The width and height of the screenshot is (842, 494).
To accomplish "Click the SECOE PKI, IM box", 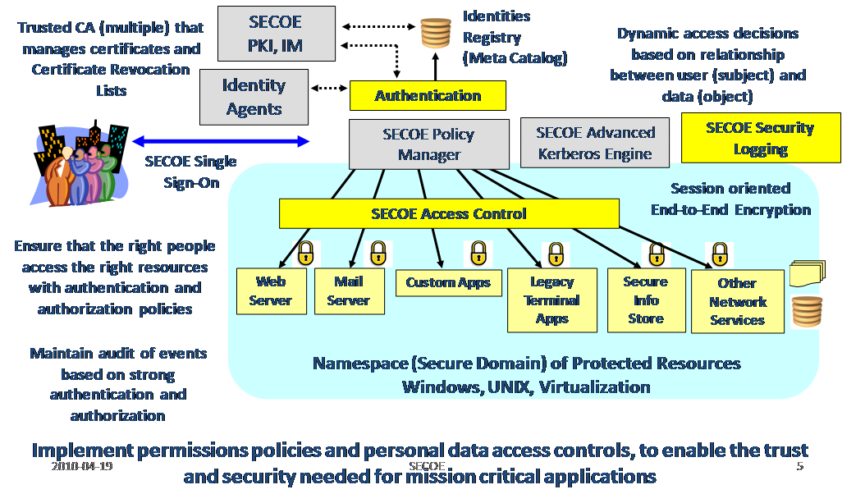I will point(277,34).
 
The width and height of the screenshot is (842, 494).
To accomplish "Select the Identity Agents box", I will point(254,97).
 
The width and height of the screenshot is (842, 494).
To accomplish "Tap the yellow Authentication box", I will point(428,96).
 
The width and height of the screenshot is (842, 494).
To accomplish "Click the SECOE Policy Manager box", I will point(428,144).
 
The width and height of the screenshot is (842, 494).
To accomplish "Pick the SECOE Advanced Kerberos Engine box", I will point(595,143).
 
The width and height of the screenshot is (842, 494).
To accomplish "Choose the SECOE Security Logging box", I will point(760,138).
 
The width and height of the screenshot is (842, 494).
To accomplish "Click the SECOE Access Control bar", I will point(448,214).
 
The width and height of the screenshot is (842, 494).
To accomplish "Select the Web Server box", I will point(270,290).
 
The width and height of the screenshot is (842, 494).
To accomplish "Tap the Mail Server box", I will point(348,290).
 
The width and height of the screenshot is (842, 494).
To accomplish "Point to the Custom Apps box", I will point(447,282).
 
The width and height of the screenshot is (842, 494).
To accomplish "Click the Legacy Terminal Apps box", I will point(551,300).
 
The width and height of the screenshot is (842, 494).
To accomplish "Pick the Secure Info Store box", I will point(645,300).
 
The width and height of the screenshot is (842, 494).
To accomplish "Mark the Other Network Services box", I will point(737,301).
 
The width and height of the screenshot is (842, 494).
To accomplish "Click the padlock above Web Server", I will point(306,252).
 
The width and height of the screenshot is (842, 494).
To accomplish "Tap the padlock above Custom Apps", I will point(478,253).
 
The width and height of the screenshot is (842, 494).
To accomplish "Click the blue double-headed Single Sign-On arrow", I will point(221,141).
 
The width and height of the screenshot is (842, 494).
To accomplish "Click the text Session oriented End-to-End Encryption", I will point(730,199).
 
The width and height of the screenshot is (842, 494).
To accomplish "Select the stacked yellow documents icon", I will point(806,273).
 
